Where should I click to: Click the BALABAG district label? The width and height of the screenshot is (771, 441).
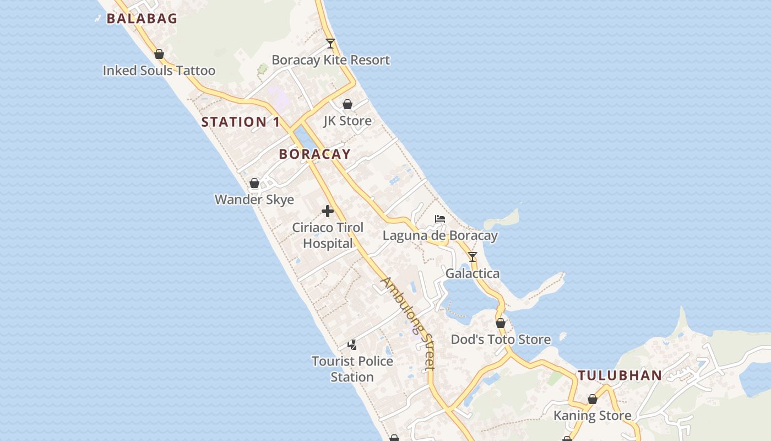(142, 19)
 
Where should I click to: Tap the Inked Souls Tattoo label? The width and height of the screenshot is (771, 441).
(159, 71)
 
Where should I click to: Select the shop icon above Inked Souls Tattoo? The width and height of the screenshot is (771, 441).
(159, 54)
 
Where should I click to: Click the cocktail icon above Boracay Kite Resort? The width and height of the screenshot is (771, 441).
(330, 43)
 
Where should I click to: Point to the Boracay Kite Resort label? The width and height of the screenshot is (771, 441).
(330, 60)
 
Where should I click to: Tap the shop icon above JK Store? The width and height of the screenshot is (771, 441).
(348, 104)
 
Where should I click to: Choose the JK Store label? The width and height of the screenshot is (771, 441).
(348, 121)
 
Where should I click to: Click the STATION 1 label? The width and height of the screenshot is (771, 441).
(241, 122)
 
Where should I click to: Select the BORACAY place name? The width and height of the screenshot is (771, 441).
(314, 154)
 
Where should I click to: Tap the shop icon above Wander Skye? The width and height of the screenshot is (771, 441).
(254, 183)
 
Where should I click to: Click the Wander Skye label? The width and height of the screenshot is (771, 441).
(254, 200)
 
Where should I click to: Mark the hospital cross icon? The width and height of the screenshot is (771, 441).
(328, 211)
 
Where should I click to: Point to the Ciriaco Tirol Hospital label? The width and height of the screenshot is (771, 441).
(328, 235)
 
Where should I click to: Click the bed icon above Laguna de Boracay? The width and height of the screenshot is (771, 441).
(440, 219)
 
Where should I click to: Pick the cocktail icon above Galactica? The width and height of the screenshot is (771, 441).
(473, 257)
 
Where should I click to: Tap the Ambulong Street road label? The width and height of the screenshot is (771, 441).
(409, 322)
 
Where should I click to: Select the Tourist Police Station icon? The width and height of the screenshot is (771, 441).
(352, 345)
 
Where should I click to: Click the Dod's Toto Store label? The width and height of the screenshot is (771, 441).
(501, 340)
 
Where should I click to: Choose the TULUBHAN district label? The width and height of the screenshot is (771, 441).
(620, 376)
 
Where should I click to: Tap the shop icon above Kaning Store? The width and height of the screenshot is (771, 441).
(593, 399)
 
